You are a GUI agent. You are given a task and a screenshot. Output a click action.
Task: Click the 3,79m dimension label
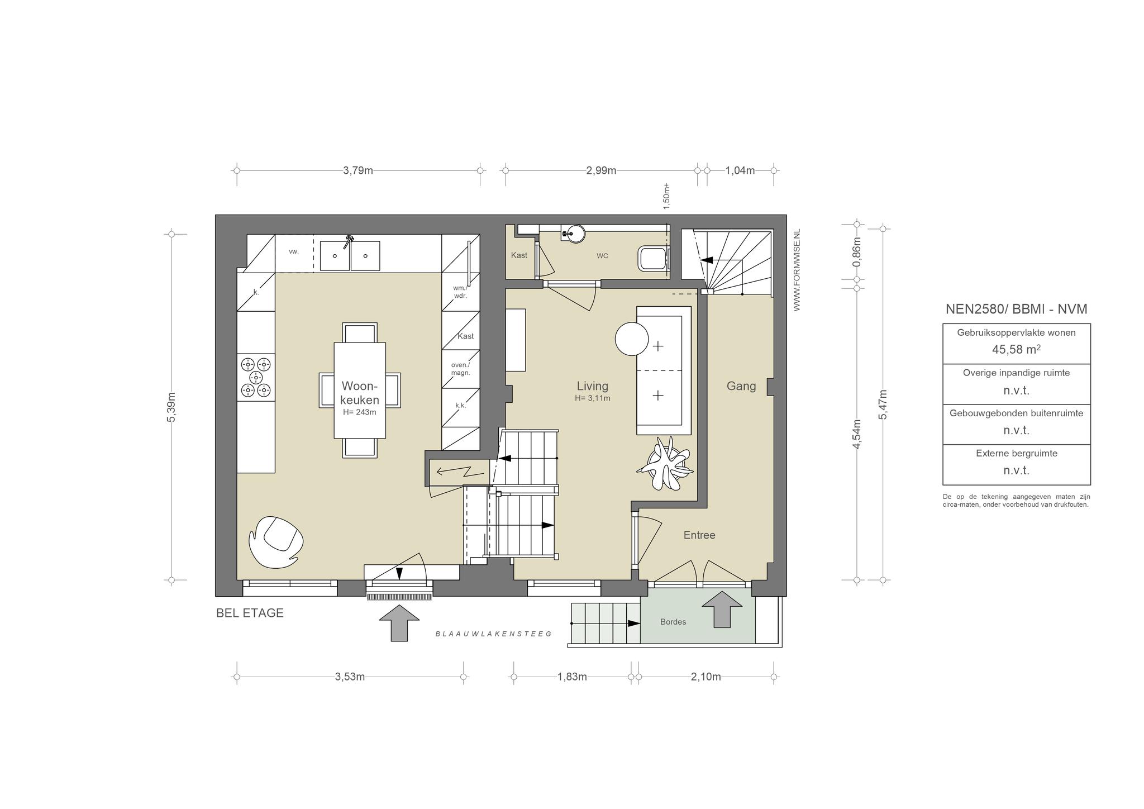pyautogui.click(x=357, y=170)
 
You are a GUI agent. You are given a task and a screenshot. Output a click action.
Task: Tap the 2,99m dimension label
pyautogui.click(x=601, y=170)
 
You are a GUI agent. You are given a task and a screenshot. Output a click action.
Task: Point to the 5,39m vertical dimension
pyautogui.click(x=171, y=407)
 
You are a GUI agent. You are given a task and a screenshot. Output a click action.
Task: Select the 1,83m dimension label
pyautogui.click(x=572, y=677)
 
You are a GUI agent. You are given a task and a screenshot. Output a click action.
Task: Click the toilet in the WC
pyautogui.click(x=652, y=258)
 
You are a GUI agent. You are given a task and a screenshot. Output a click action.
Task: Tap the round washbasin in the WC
pyautogui.click(x=573, y=233)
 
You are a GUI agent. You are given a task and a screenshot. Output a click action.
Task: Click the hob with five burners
pyautogui.click(x=256, y=377)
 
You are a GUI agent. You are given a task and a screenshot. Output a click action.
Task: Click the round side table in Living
pyautogui.click(x=632, y=339)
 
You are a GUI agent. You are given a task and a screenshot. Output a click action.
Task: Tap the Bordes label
pyautogui.click(x=673, y=622)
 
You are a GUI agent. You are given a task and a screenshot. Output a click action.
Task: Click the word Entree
pyautogui.click(x=699, y=535)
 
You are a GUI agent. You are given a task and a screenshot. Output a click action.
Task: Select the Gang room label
pyautogui.click(x=741, y=386)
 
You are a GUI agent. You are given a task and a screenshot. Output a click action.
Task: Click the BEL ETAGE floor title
pyautogui.click(x=250, y=613)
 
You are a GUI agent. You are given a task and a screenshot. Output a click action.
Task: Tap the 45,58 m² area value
pyautogui.click(x=1016, y=350)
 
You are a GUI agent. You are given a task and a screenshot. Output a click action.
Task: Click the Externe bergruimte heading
pyautogui.click(x=1017, y=453)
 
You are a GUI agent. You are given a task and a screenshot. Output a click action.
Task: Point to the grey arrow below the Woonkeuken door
pyautogui.click(x=399, y=622)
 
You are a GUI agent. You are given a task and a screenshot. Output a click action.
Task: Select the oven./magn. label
pyautogui.click(x=461, y=369)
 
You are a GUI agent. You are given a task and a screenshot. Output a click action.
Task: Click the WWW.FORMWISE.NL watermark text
pyautogui.click(x=797, y=269)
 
